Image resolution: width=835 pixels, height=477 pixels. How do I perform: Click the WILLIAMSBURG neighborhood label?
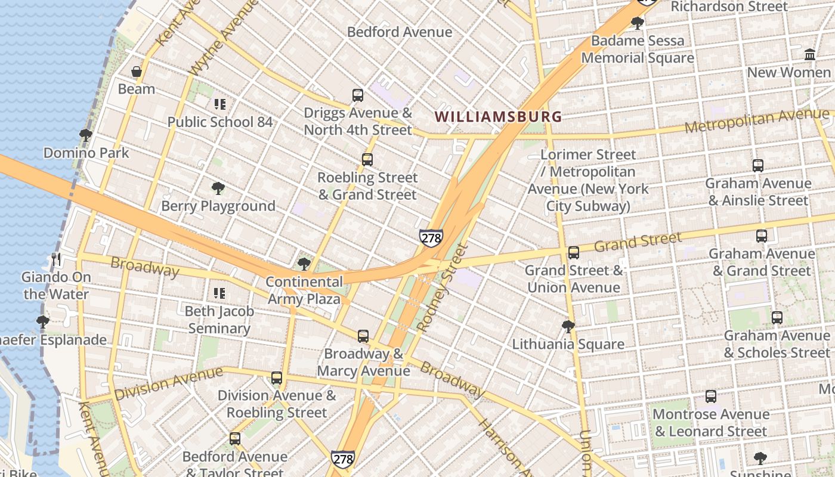[498, 116]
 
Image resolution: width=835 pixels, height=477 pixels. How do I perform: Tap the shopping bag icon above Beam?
[137, 72]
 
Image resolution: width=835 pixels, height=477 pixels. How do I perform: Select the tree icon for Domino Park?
[86, 135]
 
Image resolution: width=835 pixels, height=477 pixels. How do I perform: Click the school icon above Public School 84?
[219, 104]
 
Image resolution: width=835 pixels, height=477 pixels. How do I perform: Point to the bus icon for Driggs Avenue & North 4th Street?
[358, 95]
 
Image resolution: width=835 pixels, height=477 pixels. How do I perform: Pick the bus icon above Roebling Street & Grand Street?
[367, 160]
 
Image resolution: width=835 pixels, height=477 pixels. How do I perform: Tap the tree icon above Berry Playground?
[218, 188]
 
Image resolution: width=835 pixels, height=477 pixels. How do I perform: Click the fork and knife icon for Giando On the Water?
[57, 259]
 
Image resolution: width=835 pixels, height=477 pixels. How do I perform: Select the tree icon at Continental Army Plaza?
[304, 264]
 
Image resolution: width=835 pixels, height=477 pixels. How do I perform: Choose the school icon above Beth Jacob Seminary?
[219, 293]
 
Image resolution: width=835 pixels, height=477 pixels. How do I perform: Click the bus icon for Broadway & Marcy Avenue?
[363, 336]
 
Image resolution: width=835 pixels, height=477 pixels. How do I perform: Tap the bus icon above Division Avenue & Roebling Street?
[277, 377]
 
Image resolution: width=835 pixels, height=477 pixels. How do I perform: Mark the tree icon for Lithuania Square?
[568, 327]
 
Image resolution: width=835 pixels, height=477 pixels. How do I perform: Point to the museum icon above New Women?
[810, 55]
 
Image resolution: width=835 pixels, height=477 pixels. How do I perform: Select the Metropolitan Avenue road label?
[756, 120]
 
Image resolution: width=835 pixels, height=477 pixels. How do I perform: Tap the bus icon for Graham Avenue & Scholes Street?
[777, 318]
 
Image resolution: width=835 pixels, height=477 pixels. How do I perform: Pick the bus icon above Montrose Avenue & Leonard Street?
[711, 397]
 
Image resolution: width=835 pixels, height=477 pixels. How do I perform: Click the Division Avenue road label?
[168, 383]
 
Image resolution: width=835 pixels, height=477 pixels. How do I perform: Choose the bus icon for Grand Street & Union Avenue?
[574, 253]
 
